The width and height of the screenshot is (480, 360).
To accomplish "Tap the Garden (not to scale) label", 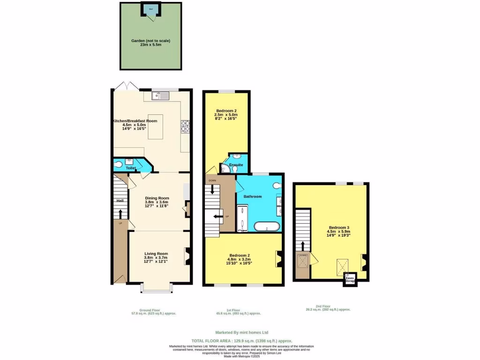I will pyautogui.click(x=150, y=41).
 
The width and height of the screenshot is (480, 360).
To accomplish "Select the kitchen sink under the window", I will pyautogui.click(x=160, y=96).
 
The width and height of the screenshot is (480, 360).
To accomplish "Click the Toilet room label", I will pyautogui.click(x=131, y=167).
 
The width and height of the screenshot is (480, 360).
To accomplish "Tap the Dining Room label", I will pyautogui.click(x=157, y=198).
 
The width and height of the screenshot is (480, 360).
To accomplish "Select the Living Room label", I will pyautogui.click(x=156, y=254).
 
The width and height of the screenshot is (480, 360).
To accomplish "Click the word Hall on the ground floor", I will pyautogui.click(x=120, y=201).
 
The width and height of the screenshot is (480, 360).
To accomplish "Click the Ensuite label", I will pyautogui.click(x=236, y=165).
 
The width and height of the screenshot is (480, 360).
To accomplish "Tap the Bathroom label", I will pyautogui.click(x=253, y=196).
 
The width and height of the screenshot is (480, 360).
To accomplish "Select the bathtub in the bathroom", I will pyautogui.click(x=267, y=227).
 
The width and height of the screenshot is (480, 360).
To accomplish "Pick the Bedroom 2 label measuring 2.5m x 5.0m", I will pyautogui.click(x=226, y=111).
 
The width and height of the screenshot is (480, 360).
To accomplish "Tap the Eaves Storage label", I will pyautogui.click(x=350, y=279).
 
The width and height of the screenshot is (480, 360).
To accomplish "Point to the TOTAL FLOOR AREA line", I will pyautogui.click(x=242, y=340).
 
